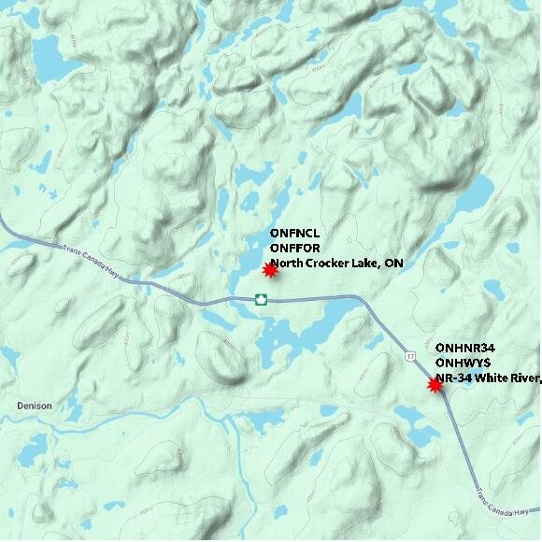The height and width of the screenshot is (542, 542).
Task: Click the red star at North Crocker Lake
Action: (269, 270)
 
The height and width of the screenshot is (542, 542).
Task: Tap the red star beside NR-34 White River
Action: (435, 384)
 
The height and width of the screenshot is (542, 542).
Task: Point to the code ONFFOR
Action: (292, 249)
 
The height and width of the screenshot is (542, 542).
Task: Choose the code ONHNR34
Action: (464, 348)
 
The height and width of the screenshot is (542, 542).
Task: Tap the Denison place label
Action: (35, 406)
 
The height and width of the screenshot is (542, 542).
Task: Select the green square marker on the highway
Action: (261, 299)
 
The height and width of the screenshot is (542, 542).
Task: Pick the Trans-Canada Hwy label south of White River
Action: (505, 503)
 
